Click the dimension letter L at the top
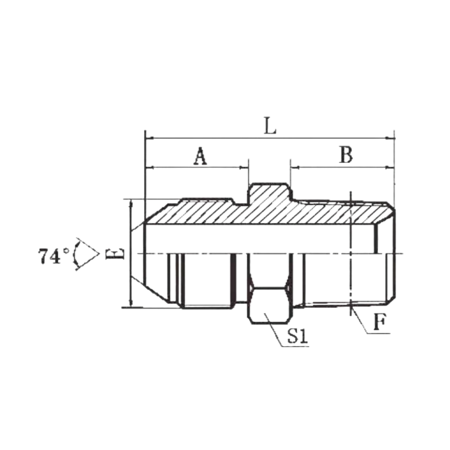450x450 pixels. (x=270, y=126)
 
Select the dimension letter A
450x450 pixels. (x=200, y=156)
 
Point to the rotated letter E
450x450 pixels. (x=115, y=254)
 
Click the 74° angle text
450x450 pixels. (x=54, y=256)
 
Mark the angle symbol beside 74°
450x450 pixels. (x=86, y=254)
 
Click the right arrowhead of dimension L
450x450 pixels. (x=390, y=138)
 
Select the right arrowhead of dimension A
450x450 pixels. (x=244, y=167)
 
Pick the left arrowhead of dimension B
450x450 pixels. (x=295, y=167)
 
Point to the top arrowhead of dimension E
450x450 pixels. (x=131, y=204)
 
